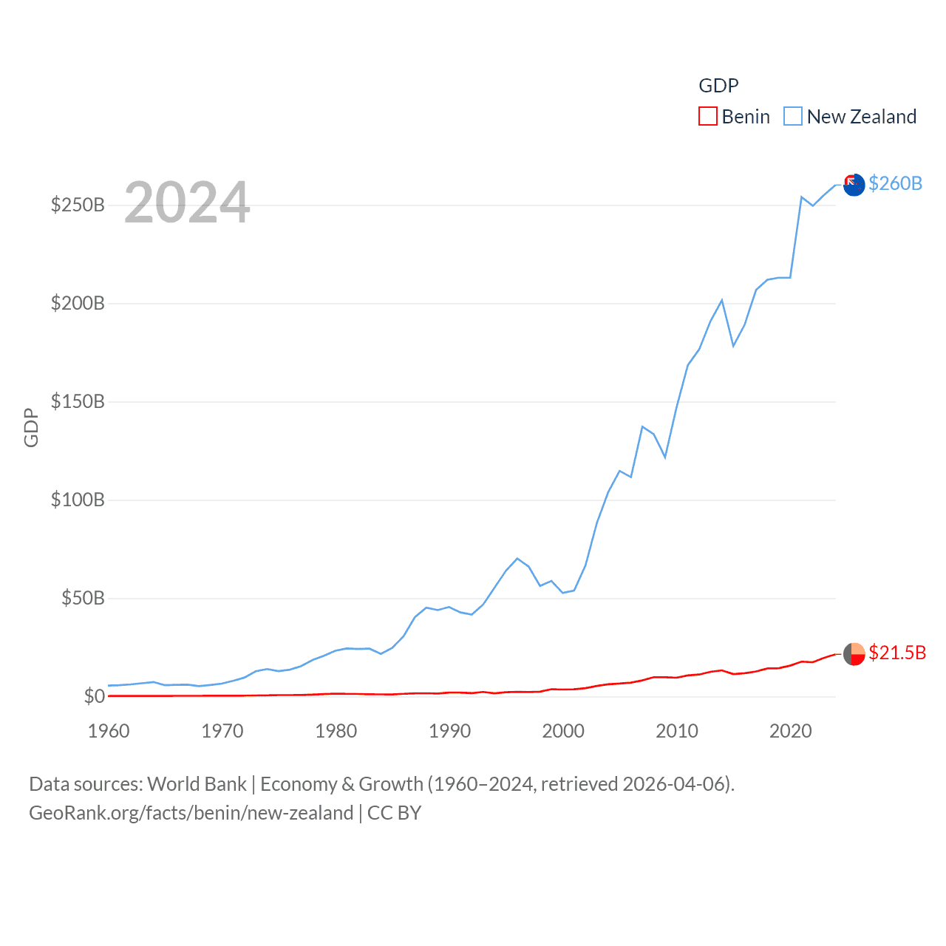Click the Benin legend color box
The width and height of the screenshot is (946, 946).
tap(707, 117)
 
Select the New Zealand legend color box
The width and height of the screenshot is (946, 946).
tap(792, 117)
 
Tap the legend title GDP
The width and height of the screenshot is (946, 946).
tap(718, 86)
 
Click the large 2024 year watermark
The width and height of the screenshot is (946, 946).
tap(187, 203)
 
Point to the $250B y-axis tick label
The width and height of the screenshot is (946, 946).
tap(78, 205)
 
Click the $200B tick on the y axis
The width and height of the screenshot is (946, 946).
tap(78, 303)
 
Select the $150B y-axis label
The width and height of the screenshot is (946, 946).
tap(78, 401)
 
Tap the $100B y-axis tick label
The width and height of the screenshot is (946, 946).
tap(78, 500)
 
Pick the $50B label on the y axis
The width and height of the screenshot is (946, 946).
tap(83, 598)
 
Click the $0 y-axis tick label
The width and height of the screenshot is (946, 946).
tap(94, 696)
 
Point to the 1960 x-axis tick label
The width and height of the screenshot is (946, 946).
tap(109, 731)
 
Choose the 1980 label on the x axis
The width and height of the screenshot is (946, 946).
tap(336, 731)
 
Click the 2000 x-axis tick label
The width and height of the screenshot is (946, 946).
tap(563, 731)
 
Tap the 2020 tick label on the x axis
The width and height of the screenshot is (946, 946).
tap(791, 731)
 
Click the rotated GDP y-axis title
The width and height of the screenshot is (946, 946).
tap(31, 427)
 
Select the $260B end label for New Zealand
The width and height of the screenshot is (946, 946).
tap(895, 183)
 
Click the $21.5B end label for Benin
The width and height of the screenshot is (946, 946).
tap(897, 653)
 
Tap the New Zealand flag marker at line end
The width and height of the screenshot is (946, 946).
tap(854, 185)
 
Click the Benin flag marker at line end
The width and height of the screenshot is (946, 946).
tap(854, 654)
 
